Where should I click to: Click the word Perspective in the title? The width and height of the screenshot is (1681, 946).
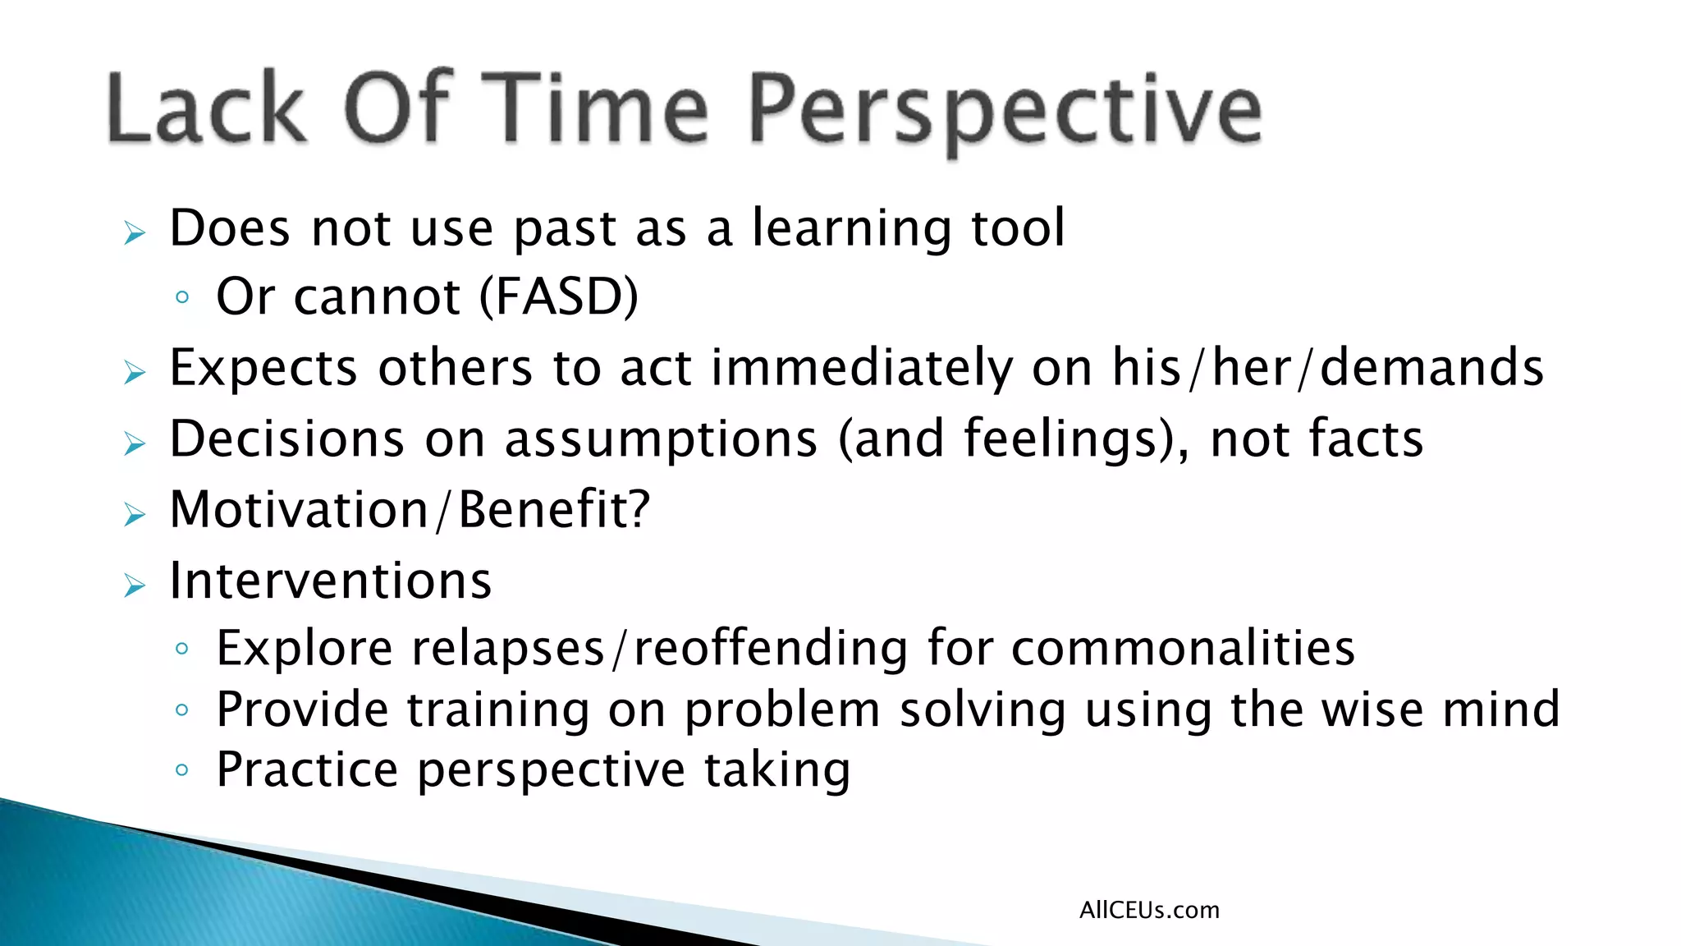pos(1005,111)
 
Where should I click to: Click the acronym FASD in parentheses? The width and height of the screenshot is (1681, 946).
pos(558,296)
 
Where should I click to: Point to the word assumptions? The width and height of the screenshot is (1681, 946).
pos(661,439)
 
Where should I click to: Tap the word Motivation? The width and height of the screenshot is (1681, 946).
pos(299,510)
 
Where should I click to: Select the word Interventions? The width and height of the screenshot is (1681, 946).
pos(330,581)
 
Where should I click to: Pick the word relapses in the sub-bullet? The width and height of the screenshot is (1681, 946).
pos(508,649)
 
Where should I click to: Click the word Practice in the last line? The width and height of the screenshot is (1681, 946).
pos(307,770)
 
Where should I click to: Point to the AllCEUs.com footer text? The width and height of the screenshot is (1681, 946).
pos(1149,910)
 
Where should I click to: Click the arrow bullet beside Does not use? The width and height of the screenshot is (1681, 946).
pos(134,233)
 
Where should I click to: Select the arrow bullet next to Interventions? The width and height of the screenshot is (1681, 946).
pos(134,586)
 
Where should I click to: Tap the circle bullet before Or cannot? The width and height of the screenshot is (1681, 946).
pos(182,297)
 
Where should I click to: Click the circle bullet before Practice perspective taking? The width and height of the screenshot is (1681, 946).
pos(182,770)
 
